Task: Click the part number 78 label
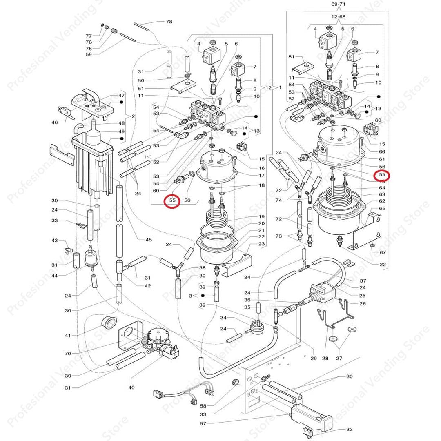(169, 21)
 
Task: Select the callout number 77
(89, 36)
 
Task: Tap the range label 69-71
(336, 4)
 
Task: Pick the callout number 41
(67, 335)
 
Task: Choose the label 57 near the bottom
(203, 423)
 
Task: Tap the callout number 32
(349, 429)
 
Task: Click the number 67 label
(383, 252)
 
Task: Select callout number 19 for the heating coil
(261, 216)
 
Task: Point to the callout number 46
(55, 122)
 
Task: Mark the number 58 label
(203, 406)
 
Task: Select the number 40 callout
(131, 387)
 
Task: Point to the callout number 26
(363, 303)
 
